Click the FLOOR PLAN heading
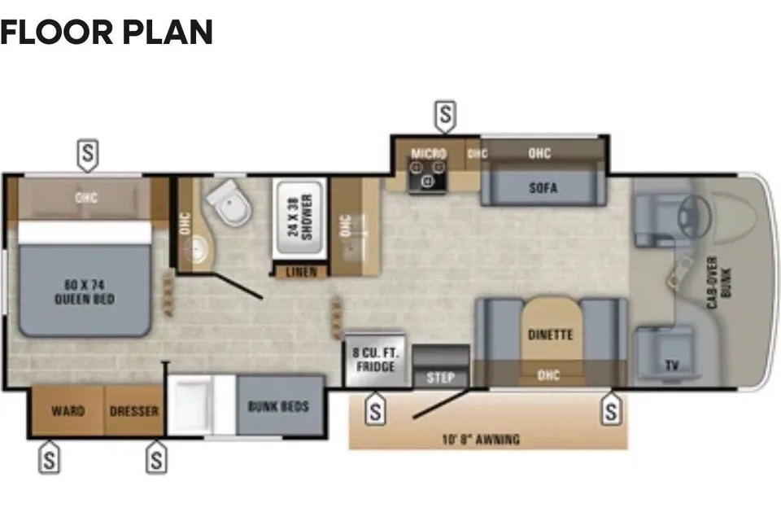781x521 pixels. pos(107,33)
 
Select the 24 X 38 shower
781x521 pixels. pos(300,217)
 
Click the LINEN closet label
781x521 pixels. pos(301,272)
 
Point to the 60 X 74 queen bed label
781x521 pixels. pos(85,291)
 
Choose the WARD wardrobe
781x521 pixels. pos(68,411)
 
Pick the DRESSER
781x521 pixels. pos(134,411)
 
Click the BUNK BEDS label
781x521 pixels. pos(278,406)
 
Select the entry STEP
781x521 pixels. pos(441,378)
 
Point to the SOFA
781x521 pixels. pos(543,188)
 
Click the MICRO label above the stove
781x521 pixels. pos(429,153)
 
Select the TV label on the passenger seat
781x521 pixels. pos(672,366)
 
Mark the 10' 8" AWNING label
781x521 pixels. pos(481,440)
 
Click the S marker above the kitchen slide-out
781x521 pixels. pos(445,116)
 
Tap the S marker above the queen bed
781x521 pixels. pos(88,155)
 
